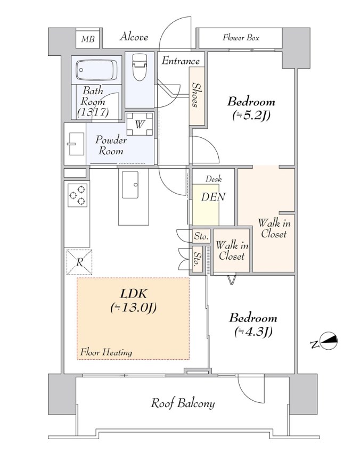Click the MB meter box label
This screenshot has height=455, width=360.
(x=88, y=39)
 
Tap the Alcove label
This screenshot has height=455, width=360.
(x=134, y=37)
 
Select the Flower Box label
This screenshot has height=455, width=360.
(x=241, y=37)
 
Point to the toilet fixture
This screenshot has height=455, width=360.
(x=140, y=67)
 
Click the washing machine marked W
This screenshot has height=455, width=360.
(x=140, y=124)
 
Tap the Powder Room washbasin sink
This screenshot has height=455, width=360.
(x=76, y=144)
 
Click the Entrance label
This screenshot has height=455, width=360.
(x=181, y=61)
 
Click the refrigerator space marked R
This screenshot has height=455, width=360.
(x=79, y=262)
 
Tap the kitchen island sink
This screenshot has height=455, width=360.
(x=130, y=185)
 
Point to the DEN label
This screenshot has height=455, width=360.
(x=213, y=197)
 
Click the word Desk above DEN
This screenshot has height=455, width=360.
(x=214, y=179)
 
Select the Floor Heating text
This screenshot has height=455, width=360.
(x=107, y=352)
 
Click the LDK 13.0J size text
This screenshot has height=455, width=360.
(x=134, y=308)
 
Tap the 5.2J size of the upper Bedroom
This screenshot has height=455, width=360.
(x=251, y=115)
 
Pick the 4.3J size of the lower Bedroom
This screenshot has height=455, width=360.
(x=253, y=332)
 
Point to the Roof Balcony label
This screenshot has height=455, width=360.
(x=183, y=403)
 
